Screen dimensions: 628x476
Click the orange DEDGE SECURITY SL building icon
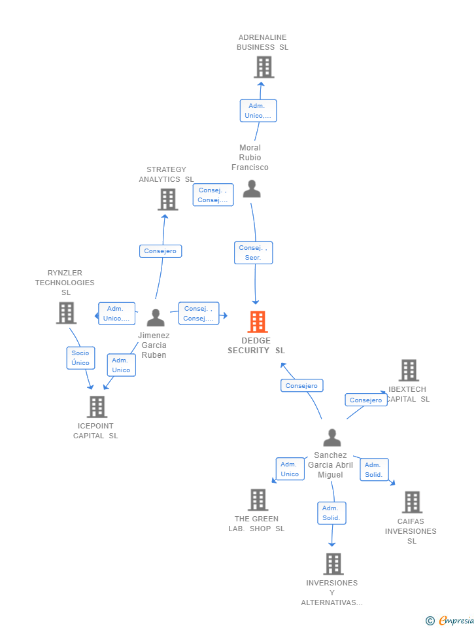257,322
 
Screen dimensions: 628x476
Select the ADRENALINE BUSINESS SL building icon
263,67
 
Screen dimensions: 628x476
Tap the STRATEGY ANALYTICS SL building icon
168,200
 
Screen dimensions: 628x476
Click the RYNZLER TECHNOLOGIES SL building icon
66,313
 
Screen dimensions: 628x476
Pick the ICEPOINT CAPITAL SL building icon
97,407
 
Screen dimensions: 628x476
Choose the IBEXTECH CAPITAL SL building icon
409,370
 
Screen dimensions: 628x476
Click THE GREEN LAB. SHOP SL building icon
258,500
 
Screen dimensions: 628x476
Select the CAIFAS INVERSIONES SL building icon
412,502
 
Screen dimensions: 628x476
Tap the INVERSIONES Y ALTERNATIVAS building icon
333,564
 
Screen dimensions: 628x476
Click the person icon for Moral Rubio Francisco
252,189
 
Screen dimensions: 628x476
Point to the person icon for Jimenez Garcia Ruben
156,317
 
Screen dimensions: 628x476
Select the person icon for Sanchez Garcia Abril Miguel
332,438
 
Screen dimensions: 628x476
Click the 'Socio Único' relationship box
80,358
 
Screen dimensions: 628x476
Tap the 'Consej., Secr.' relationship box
254,253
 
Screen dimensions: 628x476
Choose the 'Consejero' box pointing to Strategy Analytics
160,251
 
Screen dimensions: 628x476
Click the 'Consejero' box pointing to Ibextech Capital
365,400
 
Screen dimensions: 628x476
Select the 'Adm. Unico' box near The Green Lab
290,469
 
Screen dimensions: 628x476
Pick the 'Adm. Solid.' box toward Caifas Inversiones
374,470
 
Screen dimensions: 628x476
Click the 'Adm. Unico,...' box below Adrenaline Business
258,111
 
